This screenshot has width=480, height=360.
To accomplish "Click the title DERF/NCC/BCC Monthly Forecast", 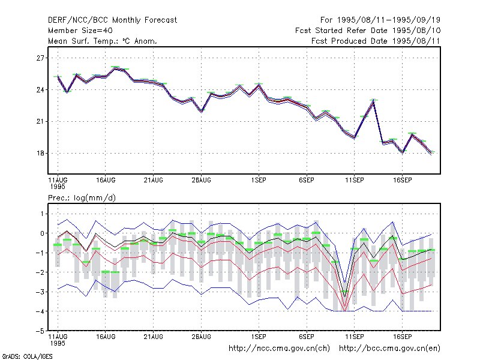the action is tap(112, 20).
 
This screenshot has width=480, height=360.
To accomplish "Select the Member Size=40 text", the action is tap(80, 31).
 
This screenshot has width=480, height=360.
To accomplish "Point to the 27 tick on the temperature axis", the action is tap(40, 58).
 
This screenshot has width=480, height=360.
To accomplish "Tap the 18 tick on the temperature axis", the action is tap(40, 153).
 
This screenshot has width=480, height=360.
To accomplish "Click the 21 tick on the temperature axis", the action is tap(40, 122).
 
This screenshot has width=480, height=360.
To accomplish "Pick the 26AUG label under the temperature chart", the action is tap(201, 180).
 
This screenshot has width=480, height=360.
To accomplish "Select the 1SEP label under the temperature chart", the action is tap(259, 180).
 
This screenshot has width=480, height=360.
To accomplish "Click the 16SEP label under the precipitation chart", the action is tap(402, 337).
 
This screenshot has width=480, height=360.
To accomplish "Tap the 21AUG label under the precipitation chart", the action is tap(154, 337).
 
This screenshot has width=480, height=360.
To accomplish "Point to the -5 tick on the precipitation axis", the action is tap(40, 331).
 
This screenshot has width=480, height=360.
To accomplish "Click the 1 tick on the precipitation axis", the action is tap(42, 214).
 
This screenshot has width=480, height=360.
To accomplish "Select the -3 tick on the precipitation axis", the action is tap(40, 292).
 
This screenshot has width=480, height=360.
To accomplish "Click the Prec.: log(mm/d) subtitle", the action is tap(82, 198).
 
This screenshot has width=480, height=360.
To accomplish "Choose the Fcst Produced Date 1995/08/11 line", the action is tap(376, 41).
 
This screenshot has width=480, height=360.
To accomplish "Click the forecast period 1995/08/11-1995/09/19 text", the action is tap(389, 20).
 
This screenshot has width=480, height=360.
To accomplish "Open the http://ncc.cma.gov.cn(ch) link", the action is tap(279, 349).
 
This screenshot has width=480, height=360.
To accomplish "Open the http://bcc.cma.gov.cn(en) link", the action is tap(389, 349).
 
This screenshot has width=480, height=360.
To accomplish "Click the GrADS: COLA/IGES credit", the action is tap(27, 356).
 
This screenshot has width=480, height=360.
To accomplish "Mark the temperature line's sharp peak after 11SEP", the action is tap(373, 100).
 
